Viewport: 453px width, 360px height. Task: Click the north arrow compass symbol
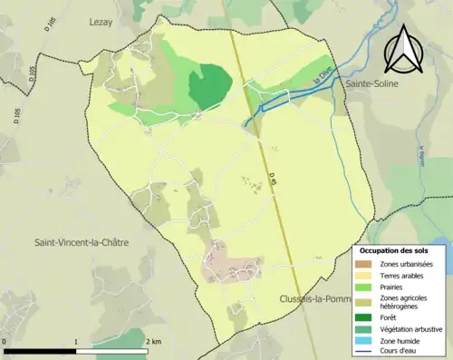tap(404, 48)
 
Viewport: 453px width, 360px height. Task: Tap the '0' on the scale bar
tap(5, 341)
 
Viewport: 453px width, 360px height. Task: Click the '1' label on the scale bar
tap(76, 341)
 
